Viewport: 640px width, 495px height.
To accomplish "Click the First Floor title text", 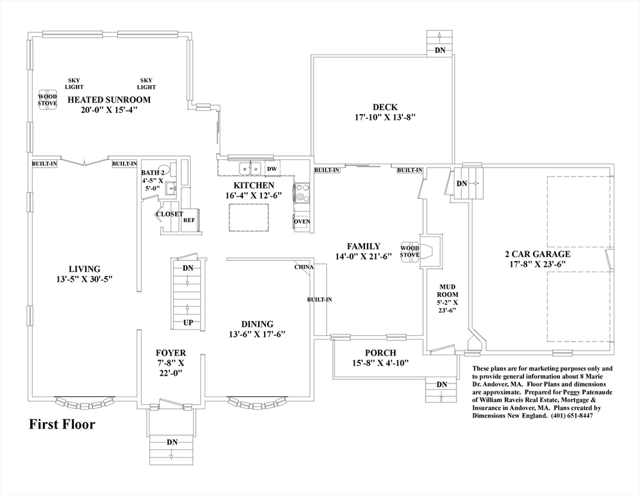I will [62, 424].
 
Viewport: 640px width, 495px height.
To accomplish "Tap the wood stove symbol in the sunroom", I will [47, 99].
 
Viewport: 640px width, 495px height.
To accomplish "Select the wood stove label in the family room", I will [409, 251].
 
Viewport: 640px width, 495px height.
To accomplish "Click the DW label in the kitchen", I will [272, 169].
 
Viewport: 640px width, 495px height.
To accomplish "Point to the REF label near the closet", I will [189, 220].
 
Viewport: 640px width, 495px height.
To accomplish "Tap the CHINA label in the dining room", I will [304, 267].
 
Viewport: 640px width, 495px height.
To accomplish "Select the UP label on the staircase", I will [188, 322].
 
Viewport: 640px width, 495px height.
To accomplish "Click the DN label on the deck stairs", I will [440, 50].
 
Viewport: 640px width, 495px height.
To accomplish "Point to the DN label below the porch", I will [442, 385].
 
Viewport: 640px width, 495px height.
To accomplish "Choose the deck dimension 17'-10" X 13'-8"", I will [385, 118].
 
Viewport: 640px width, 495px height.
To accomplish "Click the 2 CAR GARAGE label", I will [537, 254].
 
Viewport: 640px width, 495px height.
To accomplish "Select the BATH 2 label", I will [153, 173].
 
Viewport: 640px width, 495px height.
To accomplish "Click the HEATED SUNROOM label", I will [109, 99].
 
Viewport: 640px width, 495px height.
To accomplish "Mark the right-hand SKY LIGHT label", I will [146, 84].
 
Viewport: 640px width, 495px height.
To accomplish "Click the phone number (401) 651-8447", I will [571, 416].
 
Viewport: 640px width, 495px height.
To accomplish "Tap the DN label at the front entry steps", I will [172, 442].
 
